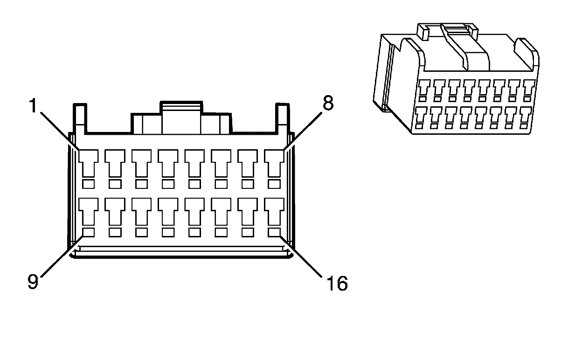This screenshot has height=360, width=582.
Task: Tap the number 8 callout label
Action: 328,104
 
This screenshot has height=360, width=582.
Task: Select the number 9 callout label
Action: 33,282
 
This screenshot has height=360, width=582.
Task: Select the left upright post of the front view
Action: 79,117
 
